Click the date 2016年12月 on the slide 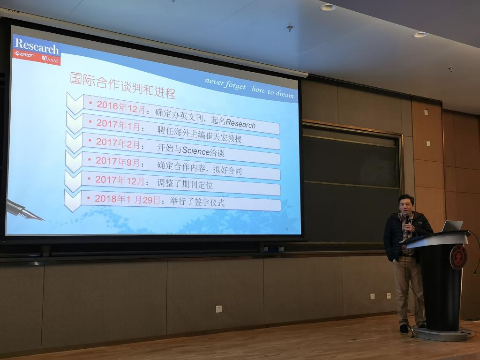point(121,107)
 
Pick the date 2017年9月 point(118,161)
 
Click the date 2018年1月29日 point(127,200)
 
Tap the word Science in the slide point(196,150)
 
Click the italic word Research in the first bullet point(240,123)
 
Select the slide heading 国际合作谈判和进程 point(123,85)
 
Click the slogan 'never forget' point(225,83)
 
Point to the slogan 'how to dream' point(273,91)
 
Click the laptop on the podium point(452,226)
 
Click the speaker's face point(406,206)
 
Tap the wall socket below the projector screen point(218,309)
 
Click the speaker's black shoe point(404,328)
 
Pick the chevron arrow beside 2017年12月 point(73,181)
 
